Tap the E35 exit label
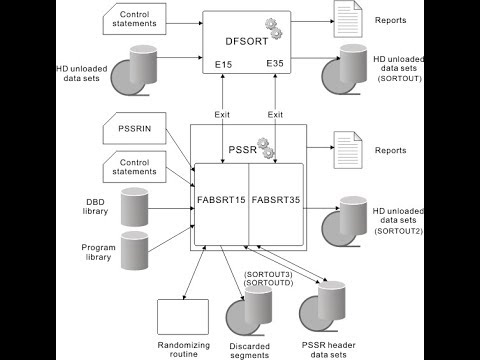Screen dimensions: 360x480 click(275, 65)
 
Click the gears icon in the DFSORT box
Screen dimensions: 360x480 click(271, 25)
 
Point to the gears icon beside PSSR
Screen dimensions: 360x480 click(266, 146)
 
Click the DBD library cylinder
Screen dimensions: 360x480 click(141, 207)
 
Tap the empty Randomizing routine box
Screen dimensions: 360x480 click(183, 315)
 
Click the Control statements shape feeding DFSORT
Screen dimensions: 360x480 click(136, 19)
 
